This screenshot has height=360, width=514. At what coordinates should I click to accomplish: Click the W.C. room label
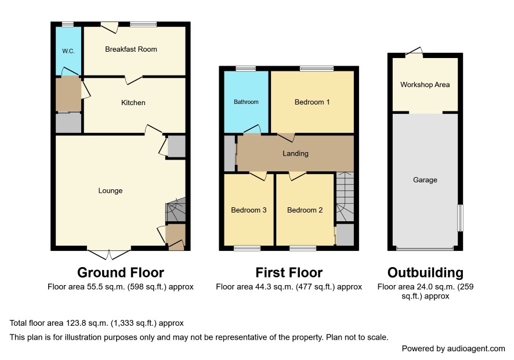(x=68, y=51)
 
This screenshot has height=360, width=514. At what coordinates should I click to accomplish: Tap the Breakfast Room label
(x=131, y=49)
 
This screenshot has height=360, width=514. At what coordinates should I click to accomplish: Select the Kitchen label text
(x=133, y=103)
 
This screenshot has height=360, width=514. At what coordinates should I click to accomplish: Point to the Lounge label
(x=110, y=190)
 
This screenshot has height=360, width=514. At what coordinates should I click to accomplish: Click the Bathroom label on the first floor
(x=246, y=102)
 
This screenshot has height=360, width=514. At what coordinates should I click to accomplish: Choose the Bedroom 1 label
(x=312, y=102)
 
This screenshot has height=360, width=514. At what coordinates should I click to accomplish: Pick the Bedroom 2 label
(x=305, y=210)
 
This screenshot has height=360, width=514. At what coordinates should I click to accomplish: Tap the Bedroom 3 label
(x=248, y=210)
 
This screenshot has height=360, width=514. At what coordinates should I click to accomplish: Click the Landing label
(x=295, y=153)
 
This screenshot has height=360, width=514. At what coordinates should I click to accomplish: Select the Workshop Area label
(x=425, y=85)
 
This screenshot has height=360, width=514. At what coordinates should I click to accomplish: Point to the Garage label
(x=425, y=180)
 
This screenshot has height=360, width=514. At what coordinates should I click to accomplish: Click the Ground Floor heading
(x=121, y=272)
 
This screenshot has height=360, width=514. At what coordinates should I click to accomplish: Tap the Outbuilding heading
(x=425, y=272)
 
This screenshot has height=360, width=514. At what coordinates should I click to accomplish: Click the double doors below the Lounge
(x=109, y=255)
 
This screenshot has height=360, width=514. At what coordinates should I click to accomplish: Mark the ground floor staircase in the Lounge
(x=175, y=210)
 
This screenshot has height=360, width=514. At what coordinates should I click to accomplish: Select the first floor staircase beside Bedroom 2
(x=345, y=196)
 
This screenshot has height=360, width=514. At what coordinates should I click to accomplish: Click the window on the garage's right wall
(x=460, y=218)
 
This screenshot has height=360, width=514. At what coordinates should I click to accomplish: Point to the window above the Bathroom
(x=246, y=69)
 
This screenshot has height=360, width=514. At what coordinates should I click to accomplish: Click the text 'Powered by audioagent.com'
(x=453, y=348)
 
